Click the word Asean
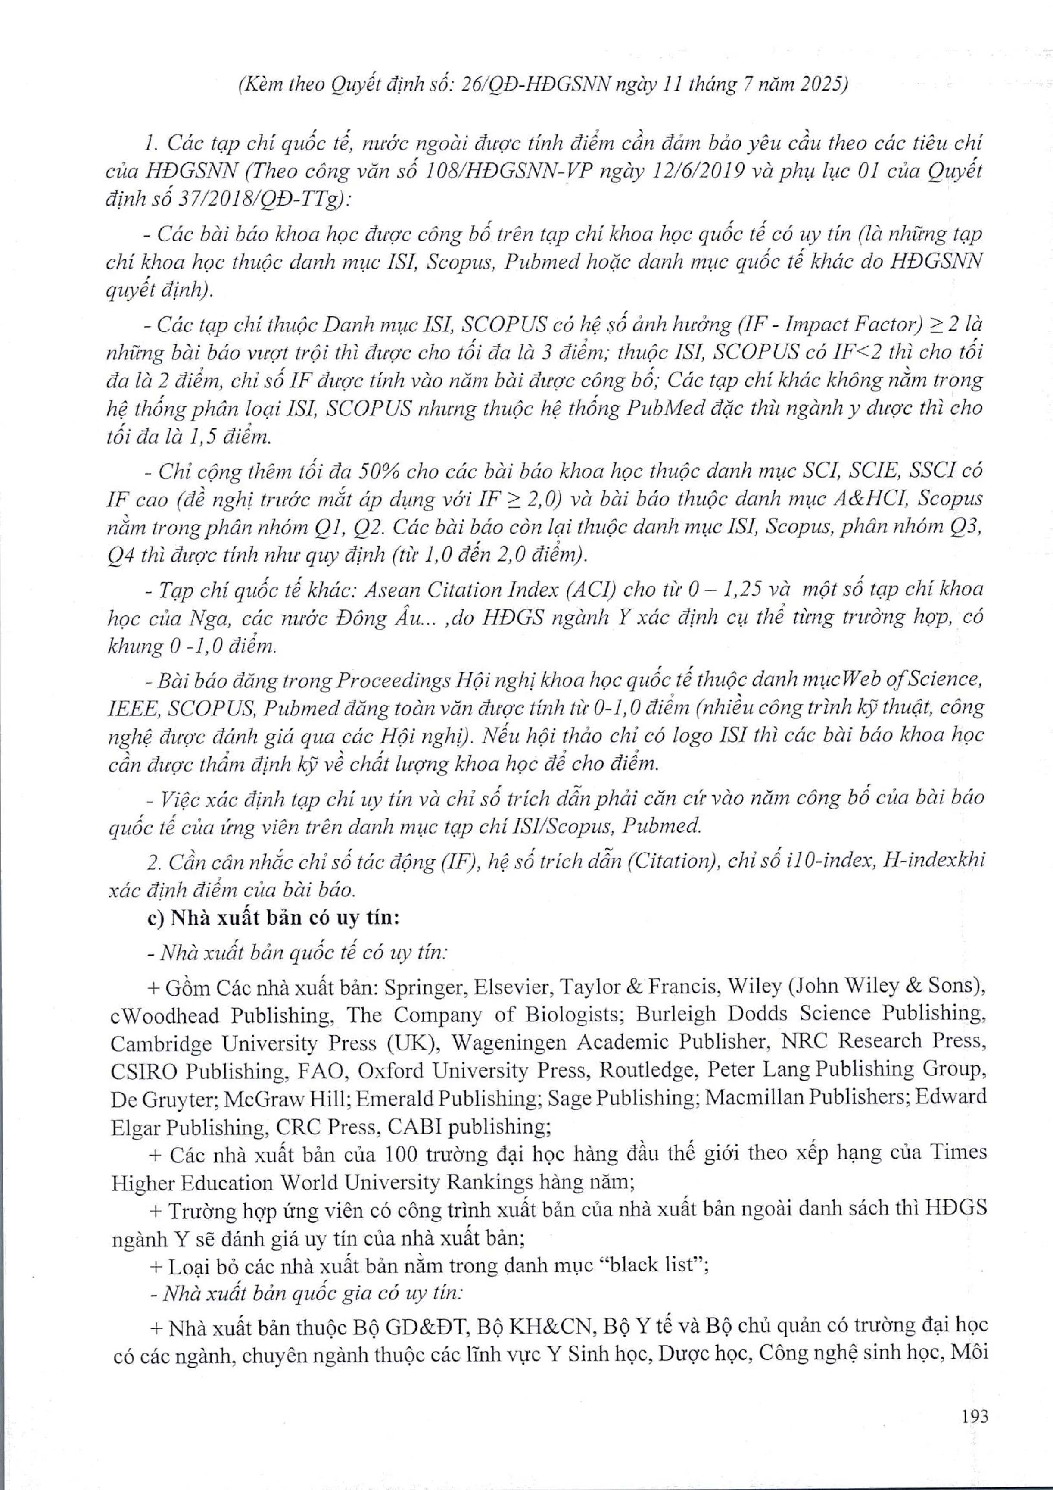395,589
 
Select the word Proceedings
394,679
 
